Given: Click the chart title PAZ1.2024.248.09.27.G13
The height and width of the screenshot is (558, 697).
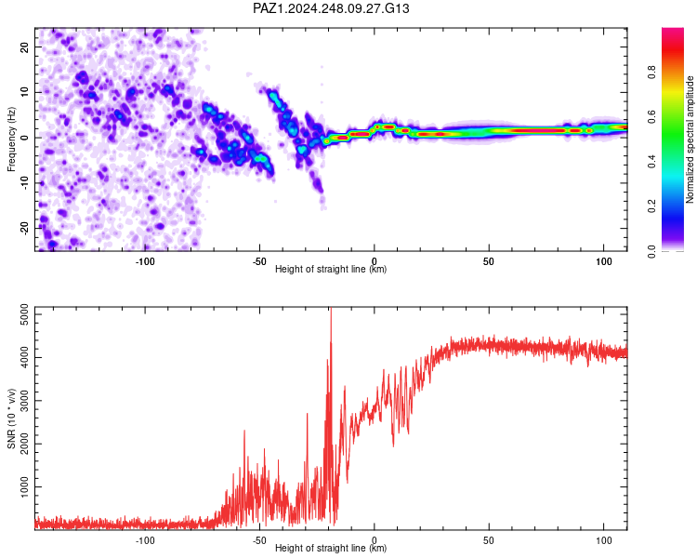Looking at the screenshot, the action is (331, 8).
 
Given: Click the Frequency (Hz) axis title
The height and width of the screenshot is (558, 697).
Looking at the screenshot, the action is (11, 139).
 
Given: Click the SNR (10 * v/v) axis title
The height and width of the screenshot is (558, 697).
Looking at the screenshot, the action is (11, 418).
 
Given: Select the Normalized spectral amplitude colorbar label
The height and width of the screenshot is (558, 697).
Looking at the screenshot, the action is (690, 139).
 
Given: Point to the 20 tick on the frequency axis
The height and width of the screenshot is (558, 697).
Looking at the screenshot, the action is (24, 46).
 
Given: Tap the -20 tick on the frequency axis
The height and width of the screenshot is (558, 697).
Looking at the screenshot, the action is (24, 229).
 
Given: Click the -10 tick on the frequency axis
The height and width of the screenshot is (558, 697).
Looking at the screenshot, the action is (24, 183).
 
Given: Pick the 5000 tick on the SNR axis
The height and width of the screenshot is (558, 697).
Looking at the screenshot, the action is (24, 314).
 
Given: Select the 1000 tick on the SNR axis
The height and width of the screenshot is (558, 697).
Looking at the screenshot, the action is (24, 486).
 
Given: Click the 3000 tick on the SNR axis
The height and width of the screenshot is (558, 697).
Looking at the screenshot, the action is (24, 401).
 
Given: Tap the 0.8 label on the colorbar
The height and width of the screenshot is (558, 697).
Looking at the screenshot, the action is (651, 72).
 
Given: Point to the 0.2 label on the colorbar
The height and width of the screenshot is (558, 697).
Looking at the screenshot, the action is (651, 206).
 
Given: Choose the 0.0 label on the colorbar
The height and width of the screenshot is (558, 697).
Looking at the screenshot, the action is (651, 251).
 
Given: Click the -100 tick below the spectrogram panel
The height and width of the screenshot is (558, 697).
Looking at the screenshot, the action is (144, 261).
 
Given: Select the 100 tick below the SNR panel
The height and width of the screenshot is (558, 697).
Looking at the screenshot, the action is (604, 540).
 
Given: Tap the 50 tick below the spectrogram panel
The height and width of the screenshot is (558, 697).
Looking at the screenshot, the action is (489, 261).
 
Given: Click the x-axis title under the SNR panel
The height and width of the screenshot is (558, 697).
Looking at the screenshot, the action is (331, 548).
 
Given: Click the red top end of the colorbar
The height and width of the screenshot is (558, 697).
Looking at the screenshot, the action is (673, 31).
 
